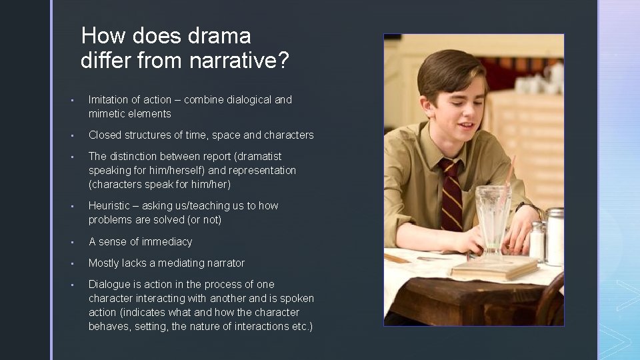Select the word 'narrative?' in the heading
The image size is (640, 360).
point(239,61)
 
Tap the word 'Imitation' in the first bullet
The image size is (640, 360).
point(109,99)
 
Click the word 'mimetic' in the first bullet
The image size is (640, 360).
point(107,113)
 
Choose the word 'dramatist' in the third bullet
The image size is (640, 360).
point(259,156)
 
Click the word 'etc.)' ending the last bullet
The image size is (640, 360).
point(299,326)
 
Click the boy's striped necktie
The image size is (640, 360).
point(452,194)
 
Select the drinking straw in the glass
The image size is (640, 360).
point(509,173)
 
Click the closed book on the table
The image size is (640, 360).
point(493,268)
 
